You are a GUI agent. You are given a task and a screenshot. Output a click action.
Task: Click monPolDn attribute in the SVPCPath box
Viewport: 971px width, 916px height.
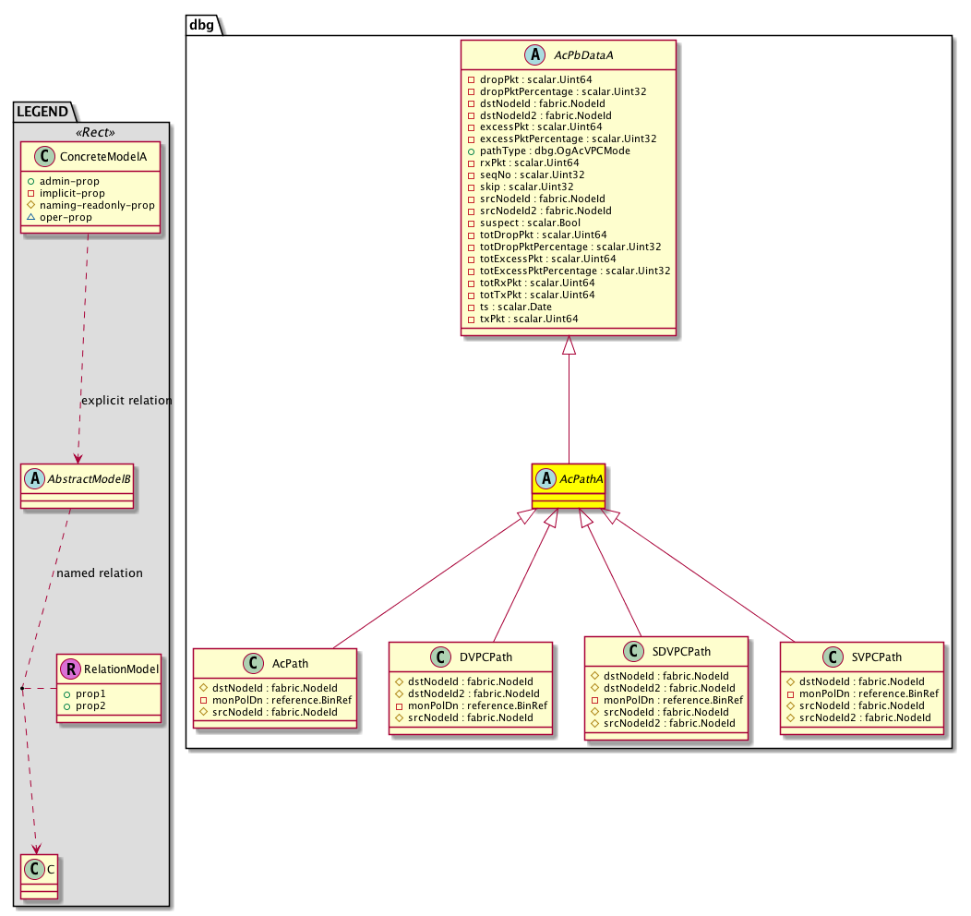(861, 693)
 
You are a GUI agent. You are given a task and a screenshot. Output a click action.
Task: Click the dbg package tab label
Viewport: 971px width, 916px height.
(201, 24)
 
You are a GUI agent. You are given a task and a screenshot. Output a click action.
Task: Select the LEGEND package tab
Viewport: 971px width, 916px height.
(42, 112)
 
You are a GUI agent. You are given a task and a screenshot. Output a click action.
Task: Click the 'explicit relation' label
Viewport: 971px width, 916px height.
(126, 401)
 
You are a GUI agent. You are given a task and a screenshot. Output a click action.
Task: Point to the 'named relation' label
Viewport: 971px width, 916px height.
(100, 572)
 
